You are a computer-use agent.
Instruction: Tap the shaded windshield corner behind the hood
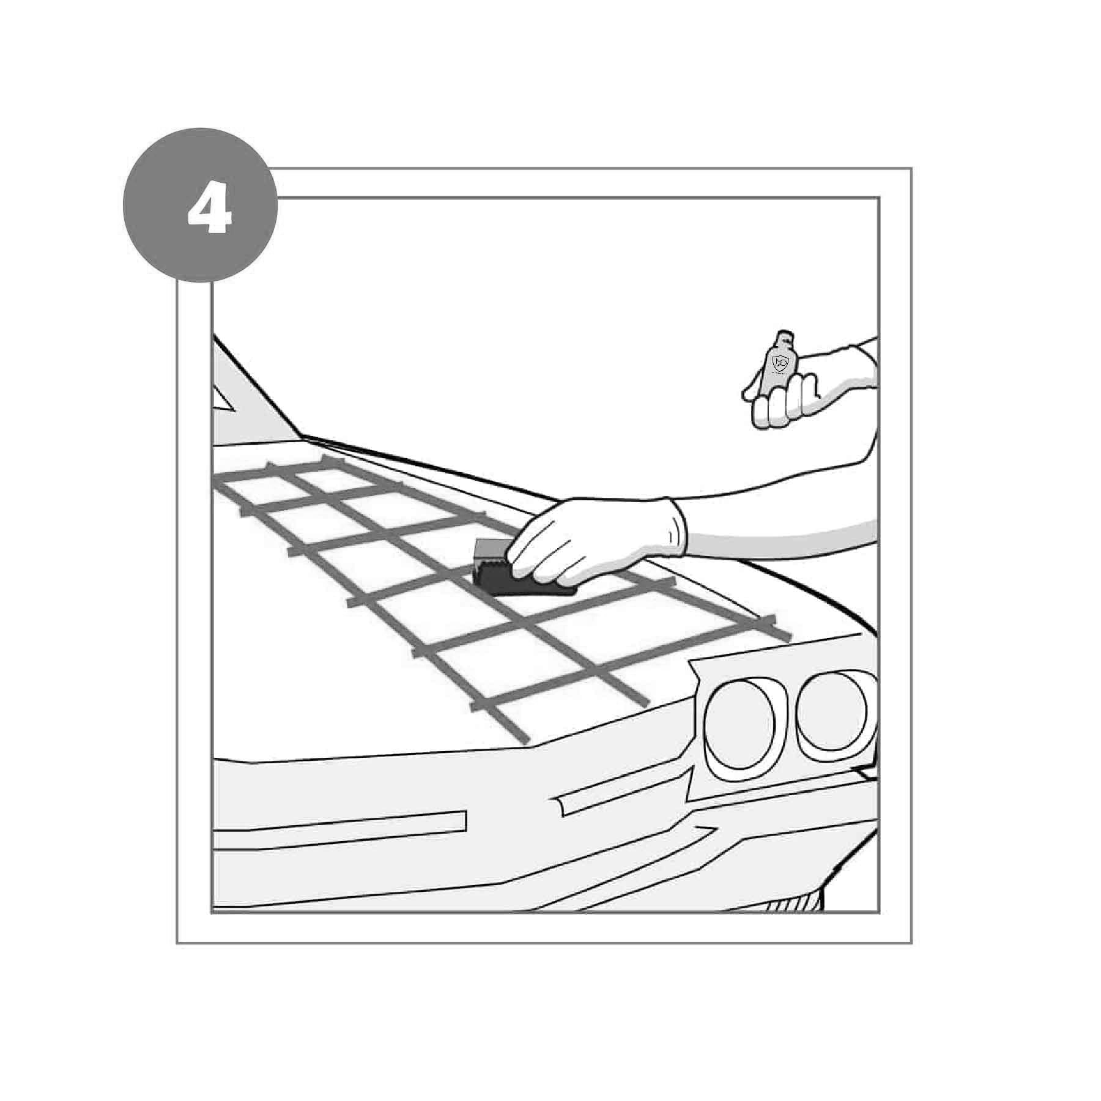tap(251, 398)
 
